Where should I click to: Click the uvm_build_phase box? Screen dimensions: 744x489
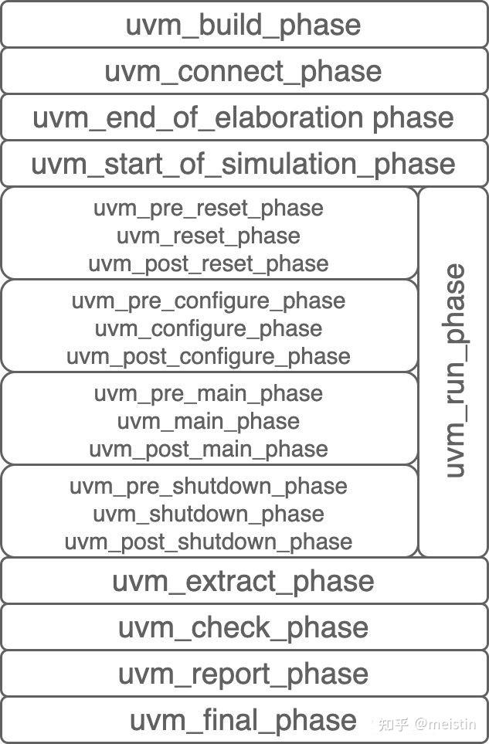243,25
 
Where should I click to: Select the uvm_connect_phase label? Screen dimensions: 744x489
243,71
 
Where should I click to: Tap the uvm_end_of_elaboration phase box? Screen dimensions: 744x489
243,117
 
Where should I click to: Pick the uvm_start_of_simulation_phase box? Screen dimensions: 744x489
243,164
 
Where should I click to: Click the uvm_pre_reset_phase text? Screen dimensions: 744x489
209,209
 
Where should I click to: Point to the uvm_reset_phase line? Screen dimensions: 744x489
209,236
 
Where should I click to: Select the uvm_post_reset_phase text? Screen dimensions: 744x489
209,263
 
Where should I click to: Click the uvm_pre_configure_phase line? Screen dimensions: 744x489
209,301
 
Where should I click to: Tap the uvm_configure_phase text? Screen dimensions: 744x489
209,328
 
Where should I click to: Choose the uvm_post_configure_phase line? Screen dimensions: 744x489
209,356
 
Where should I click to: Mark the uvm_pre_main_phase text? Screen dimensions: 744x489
209,393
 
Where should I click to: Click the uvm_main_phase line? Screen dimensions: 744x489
209,421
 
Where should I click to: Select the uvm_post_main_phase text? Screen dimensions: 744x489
209,449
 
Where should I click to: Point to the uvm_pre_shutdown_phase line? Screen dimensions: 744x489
209,486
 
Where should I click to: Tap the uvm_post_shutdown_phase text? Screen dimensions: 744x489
209,542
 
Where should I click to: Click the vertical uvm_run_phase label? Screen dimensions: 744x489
454,371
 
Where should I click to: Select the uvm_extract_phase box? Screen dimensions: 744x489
243,581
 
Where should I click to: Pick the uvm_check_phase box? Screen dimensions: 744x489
243,627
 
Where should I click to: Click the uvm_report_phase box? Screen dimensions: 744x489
243,674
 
